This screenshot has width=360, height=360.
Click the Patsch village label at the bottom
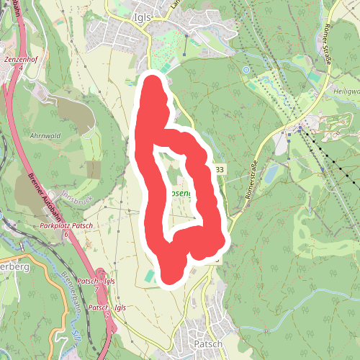point(210,344)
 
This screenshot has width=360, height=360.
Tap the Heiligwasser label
point(346,92)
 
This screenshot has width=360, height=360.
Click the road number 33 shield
point(219,169)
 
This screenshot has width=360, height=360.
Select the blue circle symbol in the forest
point(246,70)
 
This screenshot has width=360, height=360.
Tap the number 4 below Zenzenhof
point(21,67)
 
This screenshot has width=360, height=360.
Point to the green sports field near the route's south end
point(148,276)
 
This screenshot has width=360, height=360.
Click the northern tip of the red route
point(153,81)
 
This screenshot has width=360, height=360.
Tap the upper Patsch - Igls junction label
point(97,280)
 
